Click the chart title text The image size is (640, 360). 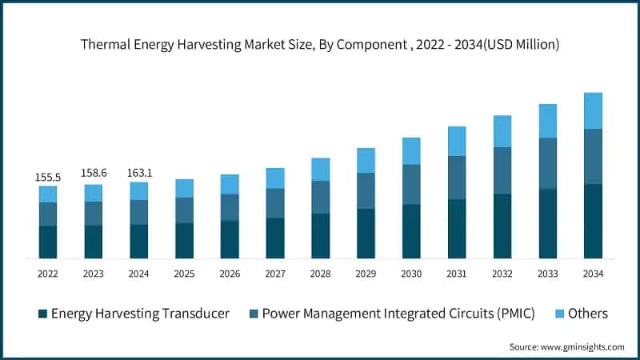pyautogui.click(x=320, y=45)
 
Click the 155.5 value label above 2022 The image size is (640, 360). pyautogui.click(x=48, y=175)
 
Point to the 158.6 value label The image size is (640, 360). pyautogui.click(x=94, y=173)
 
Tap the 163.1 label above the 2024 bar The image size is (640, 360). pyautogui.click(x=139, y=171)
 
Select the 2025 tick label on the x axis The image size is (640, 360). pyautogui.click(x=184, y=274)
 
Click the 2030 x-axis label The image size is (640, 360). pyautogui.click(x=411, y=274)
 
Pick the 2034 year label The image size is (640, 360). pyautogui.click(x=593, y=274)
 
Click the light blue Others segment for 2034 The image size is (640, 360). pyautogui.click(x=593, y=110)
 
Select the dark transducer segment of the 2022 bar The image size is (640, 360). pyautogui.click(x=48, y=242)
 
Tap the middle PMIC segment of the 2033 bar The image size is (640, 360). pyautogui.click(x=547, y=163)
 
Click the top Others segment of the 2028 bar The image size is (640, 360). pyautogui.click(x=321, y=169)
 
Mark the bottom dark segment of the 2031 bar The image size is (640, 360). pyautogui.click(x=457, y=228)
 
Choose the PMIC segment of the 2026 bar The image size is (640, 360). pyautogui.click(x=230, y=207)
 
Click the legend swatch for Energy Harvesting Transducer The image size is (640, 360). pyautogui.click(x=42, y=314)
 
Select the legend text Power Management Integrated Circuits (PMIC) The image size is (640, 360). pyautogui.click(x=398, y=314)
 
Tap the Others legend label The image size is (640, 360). pyautogui.click(x=587, y=314)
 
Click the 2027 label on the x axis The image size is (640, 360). pyautogui.click(x=275, y=274)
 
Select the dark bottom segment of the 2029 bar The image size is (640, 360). pyautogui.click(x=366, y=233)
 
